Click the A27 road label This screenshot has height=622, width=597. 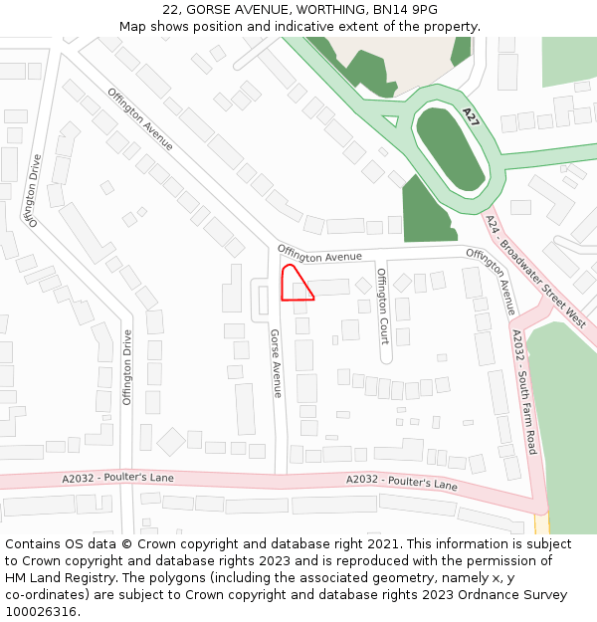pyautogui.click(x=471, y=117)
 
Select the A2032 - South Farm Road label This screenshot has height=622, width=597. pyautogui.click(x=523, y=394)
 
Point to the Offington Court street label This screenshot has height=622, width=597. pyautogui.click(x=383, y=306)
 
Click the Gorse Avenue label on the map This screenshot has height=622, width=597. pyautogui.click(x=278, y=364)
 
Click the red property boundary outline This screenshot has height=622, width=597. pyautogui.click(x=296, y=283)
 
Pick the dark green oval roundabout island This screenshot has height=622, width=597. pyautogui.click(x=450, y=149)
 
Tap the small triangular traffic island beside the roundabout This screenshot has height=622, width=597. pyautogui.click(x=390, y=121)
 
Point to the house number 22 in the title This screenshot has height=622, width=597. pyautogui.click(x=170, y=10)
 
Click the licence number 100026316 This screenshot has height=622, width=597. pyautogui.click(x=41, y=612)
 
